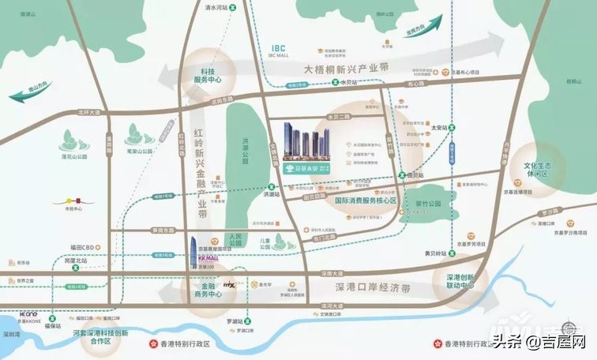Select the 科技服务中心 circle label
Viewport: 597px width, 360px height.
[x=209, y=75]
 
